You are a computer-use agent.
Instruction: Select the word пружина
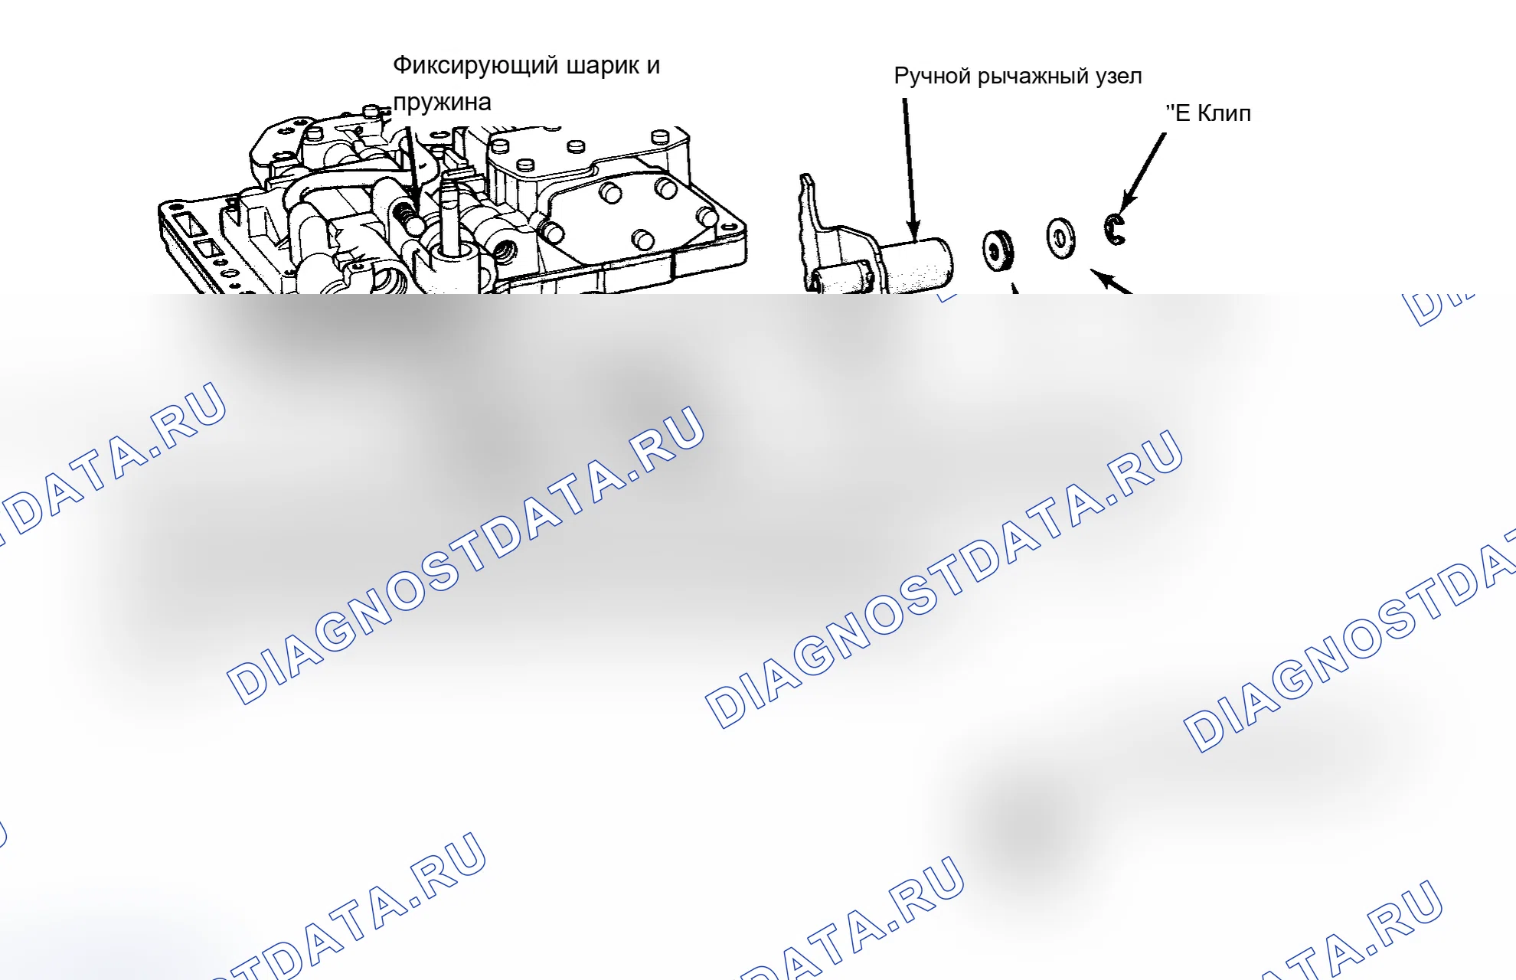pyautogui.click(x=442, y=103)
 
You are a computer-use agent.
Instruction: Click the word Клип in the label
pyautogui.click(x=1224, y=113)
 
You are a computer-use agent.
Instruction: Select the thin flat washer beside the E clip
pyautogui.click(x=1060, y=238)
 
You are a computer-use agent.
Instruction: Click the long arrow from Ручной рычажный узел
pyautogui.click(x=909, y=169)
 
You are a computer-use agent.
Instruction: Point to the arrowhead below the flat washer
pyautogui.click(x=1102, y=276)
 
